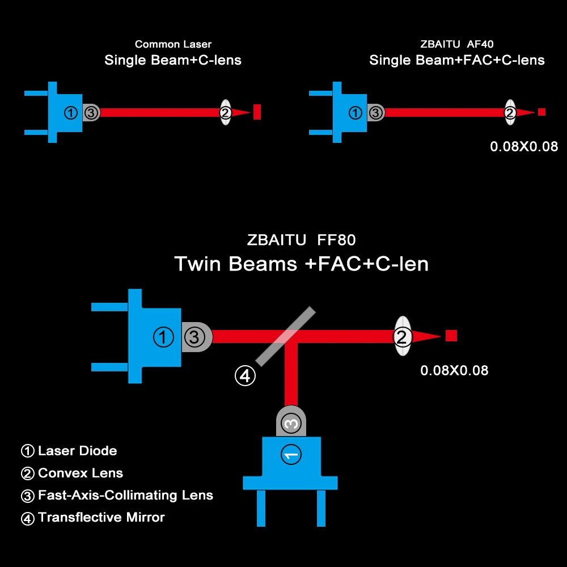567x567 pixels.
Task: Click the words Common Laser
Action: [x=173, y=44]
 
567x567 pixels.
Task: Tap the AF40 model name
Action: [x=480, y=44]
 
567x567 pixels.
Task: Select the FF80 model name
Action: [x=336, y=240]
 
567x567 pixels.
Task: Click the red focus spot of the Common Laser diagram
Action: [x=257, y=112]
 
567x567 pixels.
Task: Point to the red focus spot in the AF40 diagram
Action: [x=541, y=112]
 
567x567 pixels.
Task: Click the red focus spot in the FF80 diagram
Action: [x=451, y=336]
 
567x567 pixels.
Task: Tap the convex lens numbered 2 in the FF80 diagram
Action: [x=402, y=336]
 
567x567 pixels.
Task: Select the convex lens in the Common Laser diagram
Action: [x=225, y=112]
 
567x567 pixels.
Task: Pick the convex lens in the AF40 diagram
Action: [x=510, y=112]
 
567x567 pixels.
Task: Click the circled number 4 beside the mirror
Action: [x=245, y=376]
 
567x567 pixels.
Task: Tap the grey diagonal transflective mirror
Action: [x=286, y=336]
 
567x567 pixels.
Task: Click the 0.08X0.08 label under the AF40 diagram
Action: [x=524, y=146]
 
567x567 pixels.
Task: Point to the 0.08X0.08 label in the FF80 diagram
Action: [x=454, y=370]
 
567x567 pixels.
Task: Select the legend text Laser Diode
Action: [x=77, y=451]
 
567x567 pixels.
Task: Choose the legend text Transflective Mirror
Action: [x=101, y=517]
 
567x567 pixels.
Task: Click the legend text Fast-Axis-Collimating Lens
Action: [x=125, y=495]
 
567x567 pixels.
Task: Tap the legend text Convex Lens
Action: [x=81, y=473]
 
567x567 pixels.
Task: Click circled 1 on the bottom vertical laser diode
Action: [x=291, y=455]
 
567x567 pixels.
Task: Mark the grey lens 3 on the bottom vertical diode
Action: [x=291, y=421]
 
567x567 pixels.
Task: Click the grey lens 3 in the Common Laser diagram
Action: [x=91, y=113]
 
